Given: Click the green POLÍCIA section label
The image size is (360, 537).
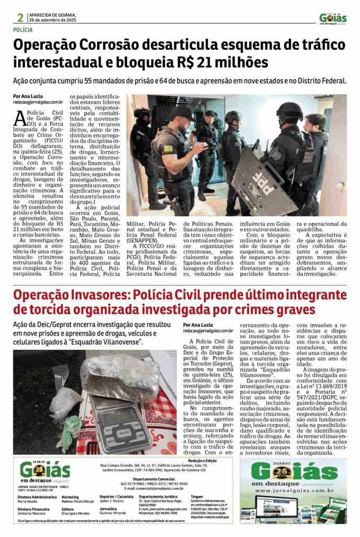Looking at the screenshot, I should pos(25,30).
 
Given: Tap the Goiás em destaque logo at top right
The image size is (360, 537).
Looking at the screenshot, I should pos(333,18).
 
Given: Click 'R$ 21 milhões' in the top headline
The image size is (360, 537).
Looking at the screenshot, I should pos(231,62).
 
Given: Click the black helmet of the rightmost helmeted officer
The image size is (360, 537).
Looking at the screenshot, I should pos(289,110).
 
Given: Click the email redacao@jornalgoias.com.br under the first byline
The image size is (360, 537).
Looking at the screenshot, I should pos(38,103).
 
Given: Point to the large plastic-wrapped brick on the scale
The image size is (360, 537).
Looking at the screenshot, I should pos(119,374).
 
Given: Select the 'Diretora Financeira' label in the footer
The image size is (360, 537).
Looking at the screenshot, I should pos(33,509).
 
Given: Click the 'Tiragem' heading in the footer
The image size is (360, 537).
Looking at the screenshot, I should pos(198,496).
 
